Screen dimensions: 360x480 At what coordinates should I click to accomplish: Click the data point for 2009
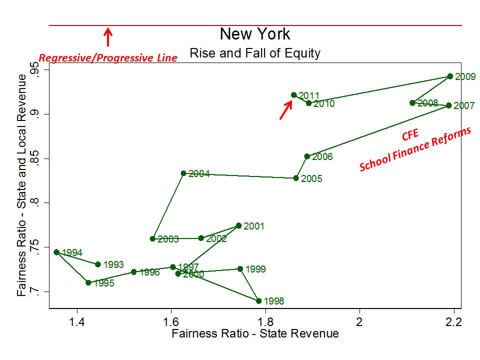click(x=450, y=76)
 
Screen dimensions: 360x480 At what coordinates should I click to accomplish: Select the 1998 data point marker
click(x=258, y=301)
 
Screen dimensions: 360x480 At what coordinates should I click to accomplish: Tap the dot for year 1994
click(x=56, y=252)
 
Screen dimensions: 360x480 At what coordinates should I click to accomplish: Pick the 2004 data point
click(x=183, y=173)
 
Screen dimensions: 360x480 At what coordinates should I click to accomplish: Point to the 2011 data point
click(x=294, y=95)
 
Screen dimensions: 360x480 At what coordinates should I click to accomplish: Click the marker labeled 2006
click(x=307, y=156)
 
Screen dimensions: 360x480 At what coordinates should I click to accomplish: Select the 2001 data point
click(x=238, y=226)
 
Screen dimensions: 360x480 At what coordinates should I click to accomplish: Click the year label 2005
click(x=312, y=179)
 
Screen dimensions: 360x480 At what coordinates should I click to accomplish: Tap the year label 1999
click(x=255, y=269)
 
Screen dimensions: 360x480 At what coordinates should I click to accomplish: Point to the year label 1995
click(x=103, y=283)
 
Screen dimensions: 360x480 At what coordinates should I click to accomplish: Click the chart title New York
click(x=255, y=34)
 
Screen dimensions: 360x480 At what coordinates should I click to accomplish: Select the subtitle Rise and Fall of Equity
click(x=255, y=52)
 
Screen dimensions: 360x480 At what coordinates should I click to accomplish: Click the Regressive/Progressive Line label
click(x=108, y=58)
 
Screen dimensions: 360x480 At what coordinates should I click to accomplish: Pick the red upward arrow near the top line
click(x=108, y=37)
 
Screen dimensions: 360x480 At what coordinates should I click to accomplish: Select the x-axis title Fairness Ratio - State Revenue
click(x=255, y=333)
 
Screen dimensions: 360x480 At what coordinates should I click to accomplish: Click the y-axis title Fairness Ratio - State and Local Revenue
click(x=21, y=185)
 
